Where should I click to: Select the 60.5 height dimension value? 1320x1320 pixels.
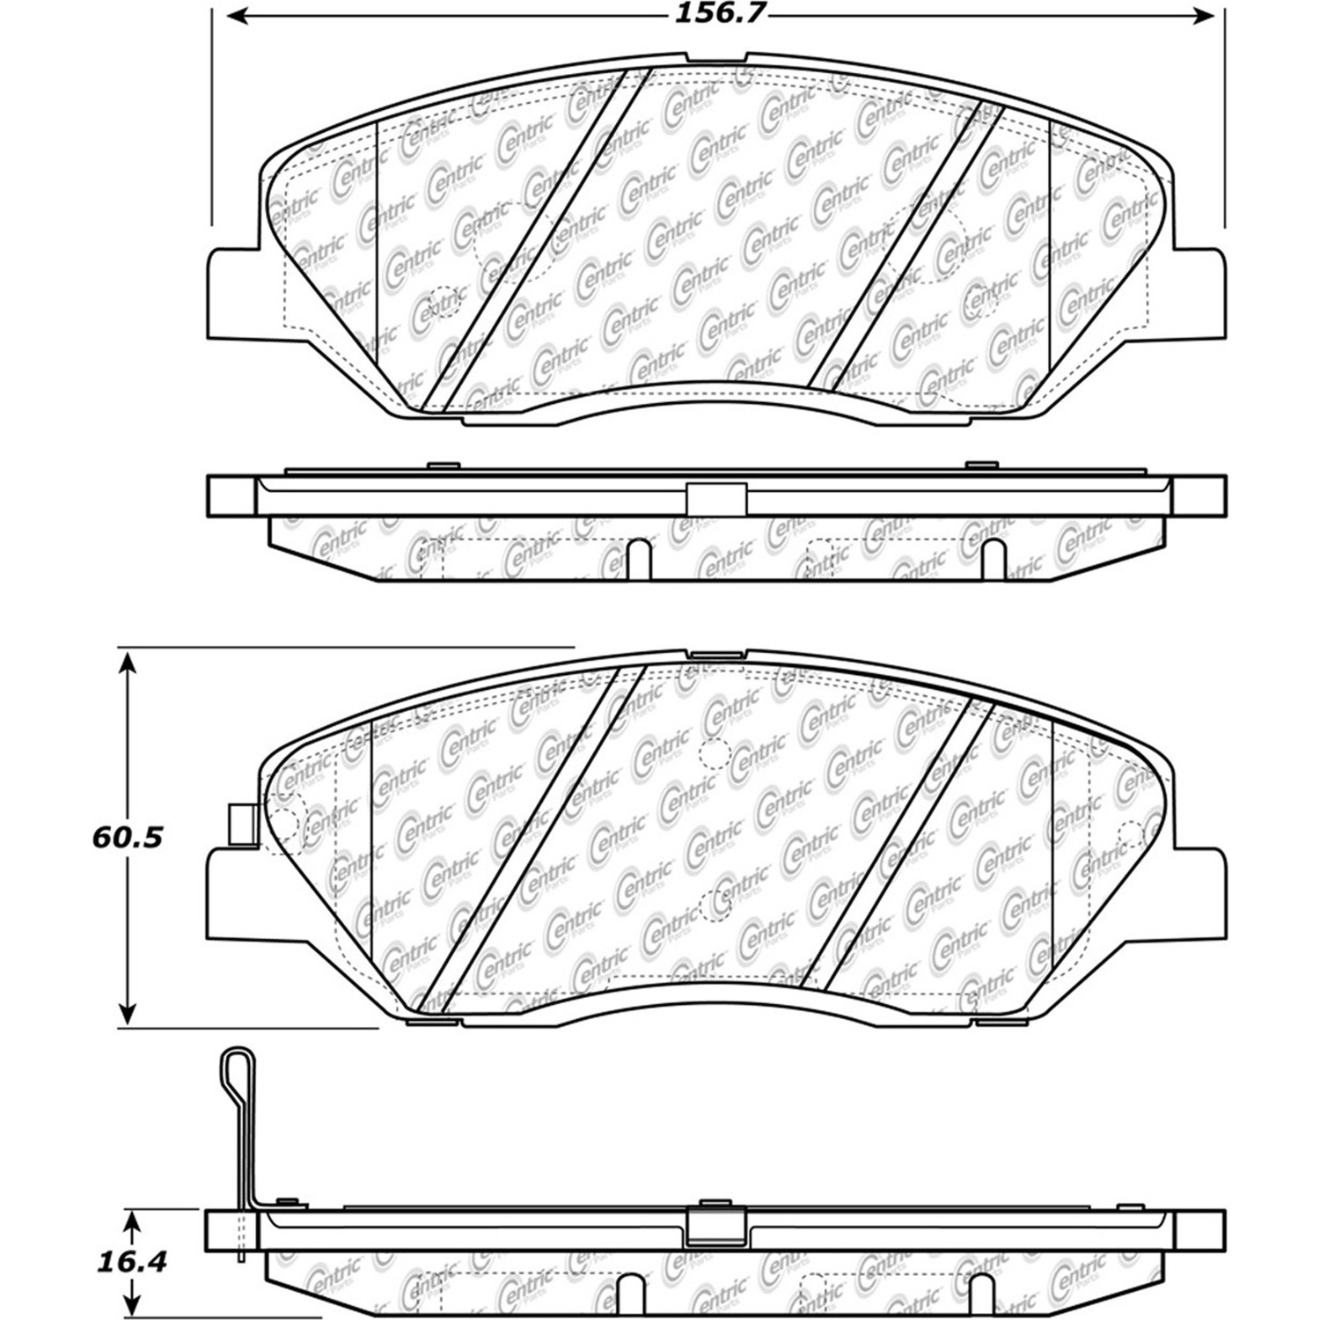click(128, 837)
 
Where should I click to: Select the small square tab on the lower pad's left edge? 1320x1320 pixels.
click(240, 825)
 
